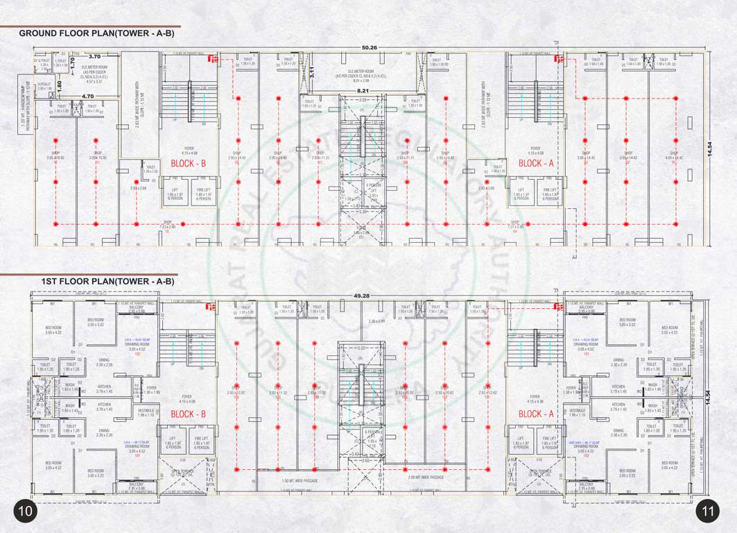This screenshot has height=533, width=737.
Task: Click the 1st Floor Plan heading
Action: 107,282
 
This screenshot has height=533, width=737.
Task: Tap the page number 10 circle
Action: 26,511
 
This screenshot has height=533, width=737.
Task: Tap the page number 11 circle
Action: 708,511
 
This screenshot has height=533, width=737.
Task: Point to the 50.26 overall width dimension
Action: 368,47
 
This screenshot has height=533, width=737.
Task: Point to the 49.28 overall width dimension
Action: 362,296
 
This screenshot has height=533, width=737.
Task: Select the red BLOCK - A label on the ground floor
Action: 532,164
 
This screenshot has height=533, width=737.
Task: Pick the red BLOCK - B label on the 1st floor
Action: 184,414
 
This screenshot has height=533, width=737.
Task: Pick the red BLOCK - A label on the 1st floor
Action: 532,414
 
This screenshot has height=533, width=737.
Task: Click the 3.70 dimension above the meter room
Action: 95,56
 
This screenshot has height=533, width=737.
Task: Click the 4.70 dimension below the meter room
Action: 87,96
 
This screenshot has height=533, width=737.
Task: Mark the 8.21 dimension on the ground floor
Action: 363,91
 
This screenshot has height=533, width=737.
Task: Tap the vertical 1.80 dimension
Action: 60,85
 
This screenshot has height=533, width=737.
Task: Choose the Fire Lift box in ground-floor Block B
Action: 204,194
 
